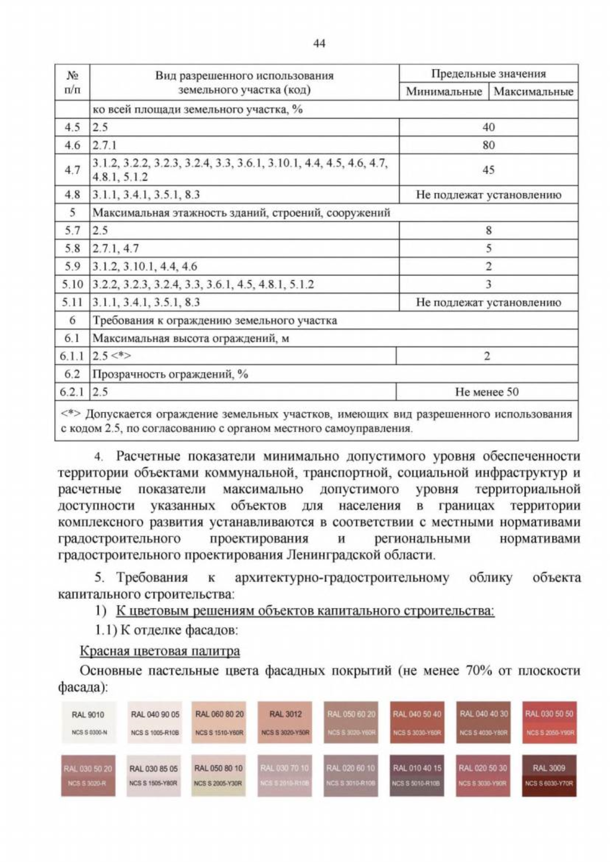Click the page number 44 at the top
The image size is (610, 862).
[x=319, y=44]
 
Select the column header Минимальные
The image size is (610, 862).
[x=443, y=92]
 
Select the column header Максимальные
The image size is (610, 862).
[x=533, y=92]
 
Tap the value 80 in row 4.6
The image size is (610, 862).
[x=488, y=145]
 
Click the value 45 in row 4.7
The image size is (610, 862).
[x=488, y=170]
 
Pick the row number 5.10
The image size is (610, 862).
[x=72, y=285]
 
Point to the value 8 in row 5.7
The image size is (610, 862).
[x=488, y=231]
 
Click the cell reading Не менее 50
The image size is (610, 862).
[x=486, y=392]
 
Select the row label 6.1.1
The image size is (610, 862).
[x=72, y=356]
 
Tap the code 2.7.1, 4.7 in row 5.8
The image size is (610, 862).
[x=115, y=249]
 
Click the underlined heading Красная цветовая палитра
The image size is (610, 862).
[x=160, y=651]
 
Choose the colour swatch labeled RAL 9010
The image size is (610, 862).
[x=88, y=722]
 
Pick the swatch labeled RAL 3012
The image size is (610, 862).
[x=285, y=722]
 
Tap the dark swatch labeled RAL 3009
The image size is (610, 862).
[x=548, y=776]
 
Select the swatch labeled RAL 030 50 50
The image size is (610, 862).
[x=548, y=722]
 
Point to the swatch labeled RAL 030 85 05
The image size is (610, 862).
[x=154, y=776]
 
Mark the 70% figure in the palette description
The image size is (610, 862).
[x=478, y=671]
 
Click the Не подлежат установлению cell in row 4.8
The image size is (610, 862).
[x=488, y=195]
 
